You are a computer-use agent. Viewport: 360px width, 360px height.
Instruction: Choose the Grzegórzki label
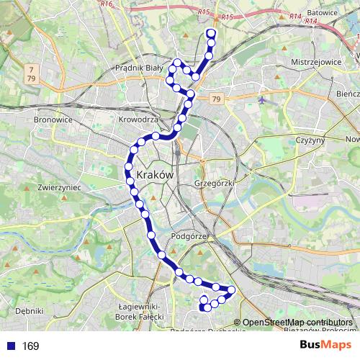click(215, 184)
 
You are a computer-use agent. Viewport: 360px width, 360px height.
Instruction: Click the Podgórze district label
click(190, 236)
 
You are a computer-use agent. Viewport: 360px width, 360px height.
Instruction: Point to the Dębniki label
click(29, 311)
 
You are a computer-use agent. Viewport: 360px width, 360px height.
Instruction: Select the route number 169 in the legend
click(30, 346)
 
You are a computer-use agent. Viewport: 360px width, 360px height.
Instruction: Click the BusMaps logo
click(327, 346)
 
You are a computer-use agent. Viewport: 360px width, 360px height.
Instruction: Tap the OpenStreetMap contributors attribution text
click(297, 322)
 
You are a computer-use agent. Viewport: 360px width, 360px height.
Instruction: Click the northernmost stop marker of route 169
click(211, 33)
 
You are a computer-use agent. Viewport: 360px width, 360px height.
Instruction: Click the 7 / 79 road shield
click(31, 73)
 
